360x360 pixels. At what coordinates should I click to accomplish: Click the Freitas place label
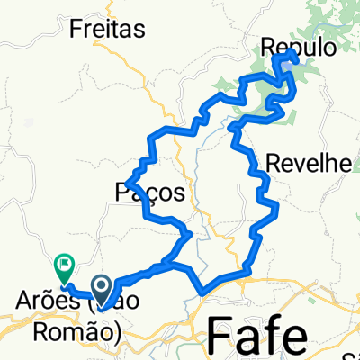pos(107,30)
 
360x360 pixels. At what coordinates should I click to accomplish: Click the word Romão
pos(85,330)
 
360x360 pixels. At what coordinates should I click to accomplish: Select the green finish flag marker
pos(64,265)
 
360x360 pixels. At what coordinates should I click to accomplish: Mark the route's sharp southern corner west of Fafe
pos(202,291)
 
